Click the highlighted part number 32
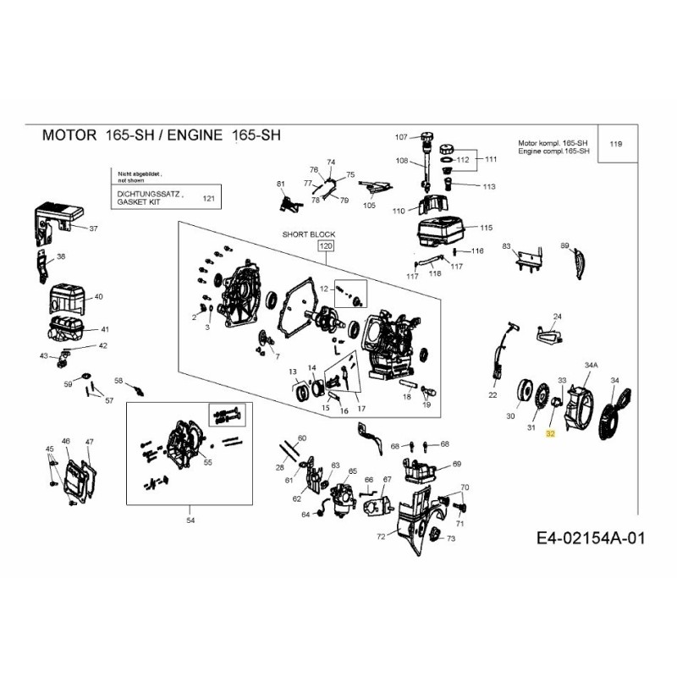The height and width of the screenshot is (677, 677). tap(550, 433)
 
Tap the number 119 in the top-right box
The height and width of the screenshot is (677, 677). tap(615, 145)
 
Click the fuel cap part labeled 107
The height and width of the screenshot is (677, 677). tap(427, 136)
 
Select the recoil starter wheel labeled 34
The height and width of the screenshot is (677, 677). tap(614, 416)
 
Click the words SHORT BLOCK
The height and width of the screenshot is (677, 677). tap(309, 234)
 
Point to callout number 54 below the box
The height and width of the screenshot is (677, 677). tap(190, 520)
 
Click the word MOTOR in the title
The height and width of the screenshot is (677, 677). tap(69, 135)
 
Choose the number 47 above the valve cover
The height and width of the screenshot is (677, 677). tap(90, 442)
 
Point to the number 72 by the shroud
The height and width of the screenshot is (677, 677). tap(381, 537)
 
